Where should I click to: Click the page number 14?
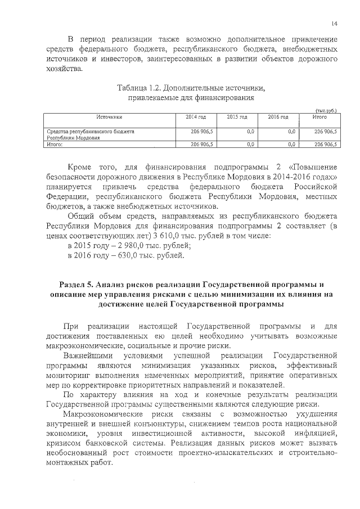[334, 23]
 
